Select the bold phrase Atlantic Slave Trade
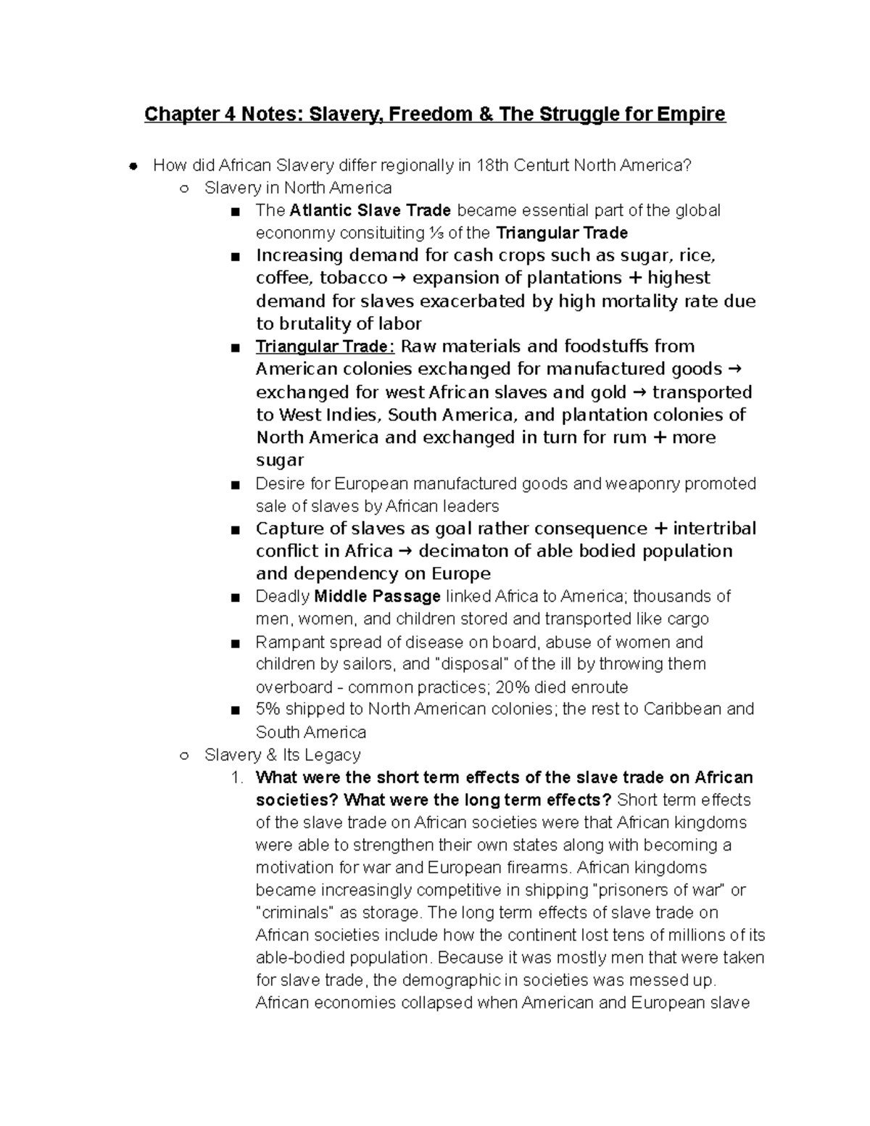click(x=370, y=210)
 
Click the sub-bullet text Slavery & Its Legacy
click(x=283, y=755)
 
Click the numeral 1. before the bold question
click(x=236, y=777)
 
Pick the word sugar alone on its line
click(x=280, y=460)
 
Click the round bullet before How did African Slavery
click(x=133, y=166)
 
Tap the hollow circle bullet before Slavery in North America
click(x=184, y=189)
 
